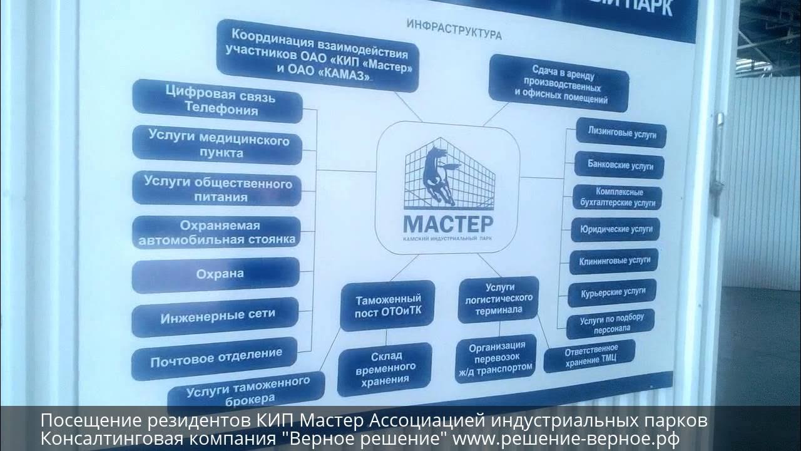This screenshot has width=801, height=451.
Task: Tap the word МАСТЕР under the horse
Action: coord(448,223)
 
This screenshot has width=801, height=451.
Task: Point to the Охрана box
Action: coord(217,274)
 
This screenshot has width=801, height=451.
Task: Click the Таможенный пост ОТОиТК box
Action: coord(387,306)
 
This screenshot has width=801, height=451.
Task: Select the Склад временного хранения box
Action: coord(385,369)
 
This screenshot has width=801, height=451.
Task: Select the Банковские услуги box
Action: coord(619,165)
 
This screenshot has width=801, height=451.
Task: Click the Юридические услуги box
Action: coord(616,229)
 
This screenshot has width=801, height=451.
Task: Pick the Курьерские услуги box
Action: coord(613,293)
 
